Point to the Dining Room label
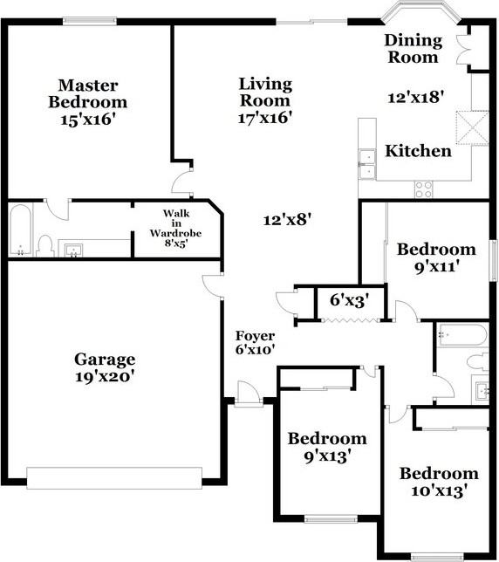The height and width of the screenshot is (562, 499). coord(413,49)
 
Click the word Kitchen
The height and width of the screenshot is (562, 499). coord(419,151)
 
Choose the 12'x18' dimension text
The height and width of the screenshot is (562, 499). coord(419,98)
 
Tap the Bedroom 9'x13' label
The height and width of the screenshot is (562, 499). coord(327,446)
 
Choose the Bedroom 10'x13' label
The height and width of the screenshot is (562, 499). coord(439,482)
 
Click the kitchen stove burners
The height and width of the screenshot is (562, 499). coord(424,187)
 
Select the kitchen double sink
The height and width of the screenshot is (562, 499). coord(367,164)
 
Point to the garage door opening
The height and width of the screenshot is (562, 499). coord(114,477)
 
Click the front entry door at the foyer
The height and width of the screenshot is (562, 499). coord(249,394)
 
